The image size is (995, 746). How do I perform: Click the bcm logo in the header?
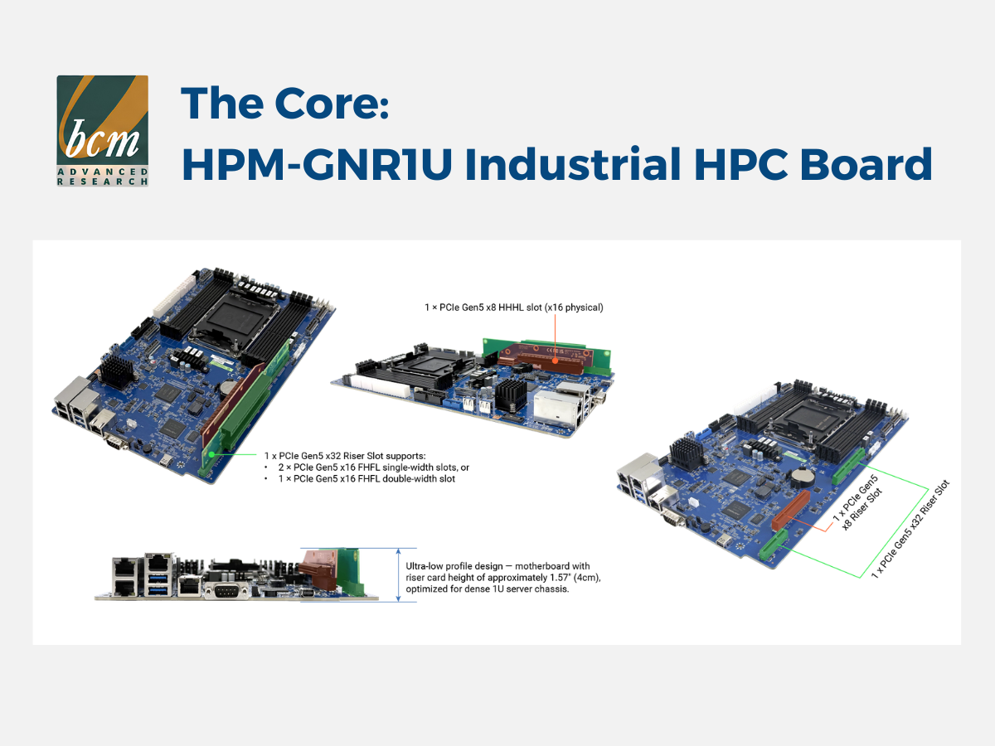[103, 130]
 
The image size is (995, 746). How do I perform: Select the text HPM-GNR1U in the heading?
[318, 163]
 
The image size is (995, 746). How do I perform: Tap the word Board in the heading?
[866, 163]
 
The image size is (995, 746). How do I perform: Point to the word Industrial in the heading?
[573, 163]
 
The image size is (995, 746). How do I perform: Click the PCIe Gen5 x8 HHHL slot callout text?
[513, 308]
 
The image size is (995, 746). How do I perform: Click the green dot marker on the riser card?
[211, 454]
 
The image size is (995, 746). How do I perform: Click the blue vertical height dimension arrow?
[399, 574]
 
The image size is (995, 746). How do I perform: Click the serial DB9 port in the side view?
[226, 591]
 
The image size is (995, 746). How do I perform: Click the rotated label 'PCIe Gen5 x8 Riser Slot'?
[857, 503]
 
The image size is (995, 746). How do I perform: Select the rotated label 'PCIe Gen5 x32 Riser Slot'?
[910, 529]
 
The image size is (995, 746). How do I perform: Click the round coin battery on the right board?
[801, 475]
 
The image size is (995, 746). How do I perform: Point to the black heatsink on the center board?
[511, 395]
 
